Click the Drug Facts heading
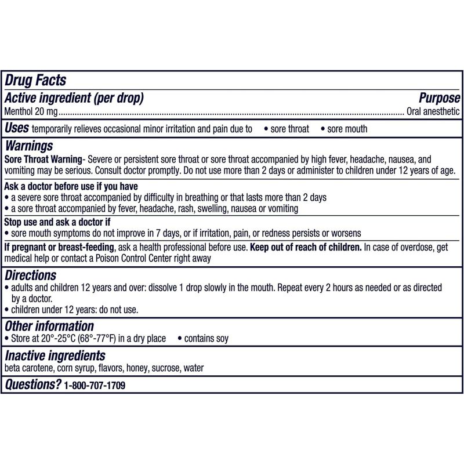pyautogui.click(x=35, y=80)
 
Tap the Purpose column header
pyautogui.click(x=439, y=98)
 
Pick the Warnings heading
pyautogui.click(x=28, y=146)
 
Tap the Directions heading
pyautogui.click(x=30, y=275)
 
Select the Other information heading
pyautogui.click(x=49, y=326)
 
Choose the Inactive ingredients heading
pyautogui.click(x=55, y=355)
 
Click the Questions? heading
pyautogui.click(x=32, y=384)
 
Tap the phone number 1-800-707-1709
pyautogui.click(x=95, y=385)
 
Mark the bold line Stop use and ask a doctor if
pyautogui.click(x=57, y=222)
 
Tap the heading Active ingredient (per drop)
pyautogui.click(x=74, y=98)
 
